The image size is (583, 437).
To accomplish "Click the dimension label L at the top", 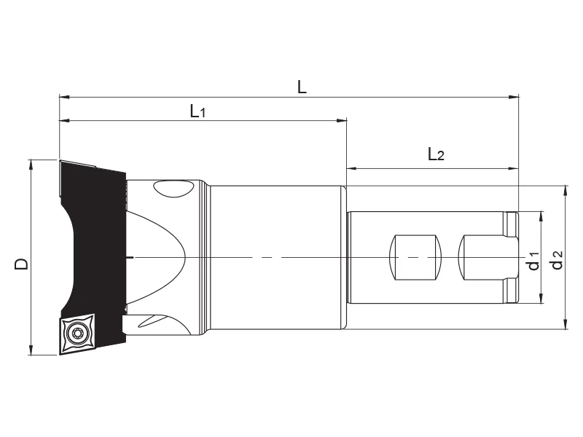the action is (x=302, y=87).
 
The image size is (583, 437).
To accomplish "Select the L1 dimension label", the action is (x=197, y=111).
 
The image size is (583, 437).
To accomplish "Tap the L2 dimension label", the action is (x=436, y=154).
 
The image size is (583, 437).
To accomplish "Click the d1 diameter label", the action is (x=533, y=260).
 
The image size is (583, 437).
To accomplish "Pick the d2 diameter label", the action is (x=557, y=260).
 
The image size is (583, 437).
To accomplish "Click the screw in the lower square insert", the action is (x=78, y=333).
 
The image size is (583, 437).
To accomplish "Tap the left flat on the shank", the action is (x=415, y=258).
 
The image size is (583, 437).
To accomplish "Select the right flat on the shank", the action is (x=488, y=258).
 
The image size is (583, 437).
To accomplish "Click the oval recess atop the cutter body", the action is (x=174, y=188).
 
